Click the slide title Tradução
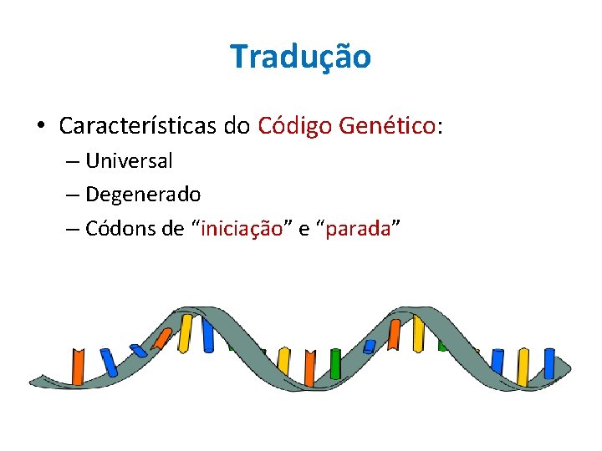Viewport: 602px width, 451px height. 300,57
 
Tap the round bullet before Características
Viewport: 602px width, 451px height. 41,127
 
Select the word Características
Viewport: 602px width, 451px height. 138,126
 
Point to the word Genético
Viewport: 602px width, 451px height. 388,126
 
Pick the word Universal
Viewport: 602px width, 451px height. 129,160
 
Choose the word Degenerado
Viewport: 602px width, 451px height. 143,195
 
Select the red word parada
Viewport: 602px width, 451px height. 358,229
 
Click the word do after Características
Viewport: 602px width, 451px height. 237,126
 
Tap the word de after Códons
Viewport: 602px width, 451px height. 174,229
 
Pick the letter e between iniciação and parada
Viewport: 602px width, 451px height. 304,230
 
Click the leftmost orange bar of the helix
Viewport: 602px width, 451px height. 78,367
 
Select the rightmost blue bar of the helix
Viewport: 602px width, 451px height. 548,364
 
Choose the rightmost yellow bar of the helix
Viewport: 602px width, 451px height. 523,367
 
